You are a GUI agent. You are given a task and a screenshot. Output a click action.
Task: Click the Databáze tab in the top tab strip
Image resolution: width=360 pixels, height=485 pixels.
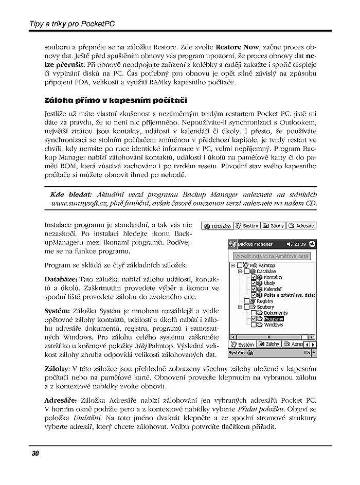pyautogui.click(x=218, y=226)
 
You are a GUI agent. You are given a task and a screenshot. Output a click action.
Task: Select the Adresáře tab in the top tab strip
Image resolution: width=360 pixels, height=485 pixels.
pyautogui.click(x=301, y=226)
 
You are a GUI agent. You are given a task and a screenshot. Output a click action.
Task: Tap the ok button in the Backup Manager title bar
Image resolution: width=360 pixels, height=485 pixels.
pyautogui.click(x=311, y=243)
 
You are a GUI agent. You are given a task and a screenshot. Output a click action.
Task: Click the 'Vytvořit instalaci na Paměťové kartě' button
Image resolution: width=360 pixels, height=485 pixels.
pyautogui.click(x=271, y=256)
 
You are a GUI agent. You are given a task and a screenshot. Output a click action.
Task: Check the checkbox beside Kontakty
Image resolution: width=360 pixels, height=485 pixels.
pyautogui.click(x=254, y=277)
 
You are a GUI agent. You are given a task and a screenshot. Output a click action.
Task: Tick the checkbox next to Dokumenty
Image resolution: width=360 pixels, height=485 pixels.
pyautogui.click(x=254, y=313)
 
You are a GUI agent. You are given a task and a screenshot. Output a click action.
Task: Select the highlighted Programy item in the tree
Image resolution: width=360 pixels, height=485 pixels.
pyautogui.click(x=273, y=319)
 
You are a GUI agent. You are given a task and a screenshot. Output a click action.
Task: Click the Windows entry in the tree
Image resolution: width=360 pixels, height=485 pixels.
pyautogui.click(x=274, y=325)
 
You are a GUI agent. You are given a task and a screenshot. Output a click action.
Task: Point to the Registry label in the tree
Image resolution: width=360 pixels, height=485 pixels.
pyautogui.click(x=265, y=301)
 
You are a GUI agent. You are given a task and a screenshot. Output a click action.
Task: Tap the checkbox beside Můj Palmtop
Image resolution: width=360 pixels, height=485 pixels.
pyautogui.click(x=240, y=265)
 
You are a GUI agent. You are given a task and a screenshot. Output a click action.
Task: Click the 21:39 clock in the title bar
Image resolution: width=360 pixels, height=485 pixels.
pyautogui.click(x=300, y=244)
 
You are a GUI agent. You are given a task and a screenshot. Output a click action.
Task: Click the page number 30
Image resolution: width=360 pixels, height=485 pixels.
pyautogui.click(x=35, y=453)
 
